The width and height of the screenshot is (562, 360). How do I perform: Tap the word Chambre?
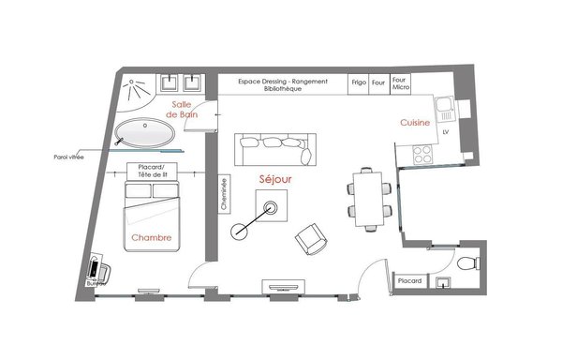coord(150,238)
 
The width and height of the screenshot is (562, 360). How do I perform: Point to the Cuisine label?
coord(416,123)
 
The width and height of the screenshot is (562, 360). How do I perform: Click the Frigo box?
coord(359,82)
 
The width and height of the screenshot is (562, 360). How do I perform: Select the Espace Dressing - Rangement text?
coord(283,82)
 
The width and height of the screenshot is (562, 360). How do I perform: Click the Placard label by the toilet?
coord(408,280)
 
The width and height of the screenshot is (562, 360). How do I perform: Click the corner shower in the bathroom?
coord(142,87)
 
